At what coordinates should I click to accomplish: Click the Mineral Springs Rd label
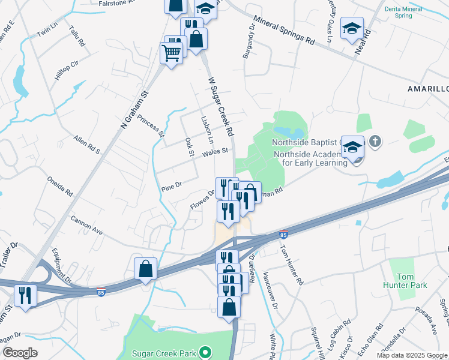(284, 32)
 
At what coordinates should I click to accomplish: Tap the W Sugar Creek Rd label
(220, 106)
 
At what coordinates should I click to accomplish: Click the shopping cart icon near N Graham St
(171, 53)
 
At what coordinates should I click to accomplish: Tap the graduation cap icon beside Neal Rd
(352, 28)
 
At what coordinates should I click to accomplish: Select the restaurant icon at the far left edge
(25, 295)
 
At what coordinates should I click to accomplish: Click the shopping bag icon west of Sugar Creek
(146, 268)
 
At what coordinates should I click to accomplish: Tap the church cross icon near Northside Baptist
(375, 142)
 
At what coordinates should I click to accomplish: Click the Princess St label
(150, 126)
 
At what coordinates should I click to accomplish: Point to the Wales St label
(215, 152)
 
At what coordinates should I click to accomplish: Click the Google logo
(20, 353)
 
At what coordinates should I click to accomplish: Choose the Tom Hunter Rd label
(292, 264)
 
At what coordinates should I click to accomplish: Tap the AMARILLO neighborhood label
(428, 88)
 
